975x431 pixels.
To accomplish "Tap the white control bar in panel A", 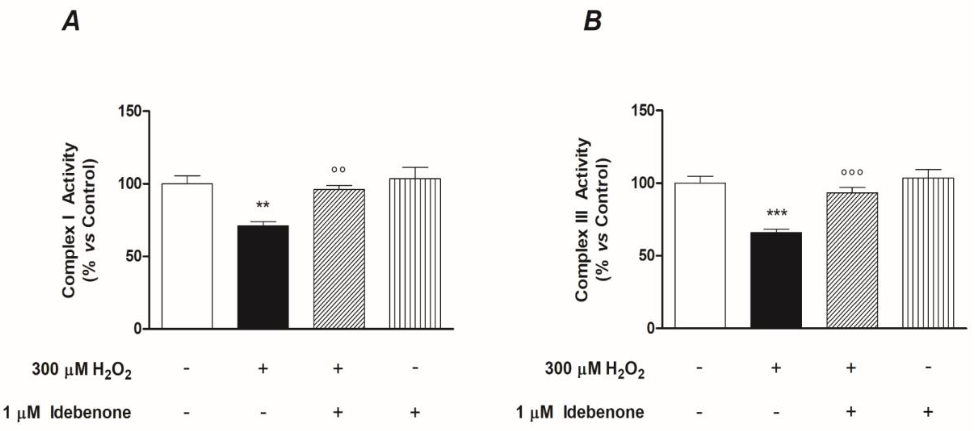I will (187, 256).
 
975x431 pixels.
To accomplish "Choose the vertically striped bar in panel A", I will (415, 253).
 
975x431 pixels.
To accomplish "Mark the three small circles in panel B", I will (852, 173).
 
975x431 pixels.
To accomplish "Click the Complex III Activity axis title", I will (583, 219).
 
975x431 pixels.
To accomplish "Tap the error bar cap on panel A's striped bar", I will (415, 167).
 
